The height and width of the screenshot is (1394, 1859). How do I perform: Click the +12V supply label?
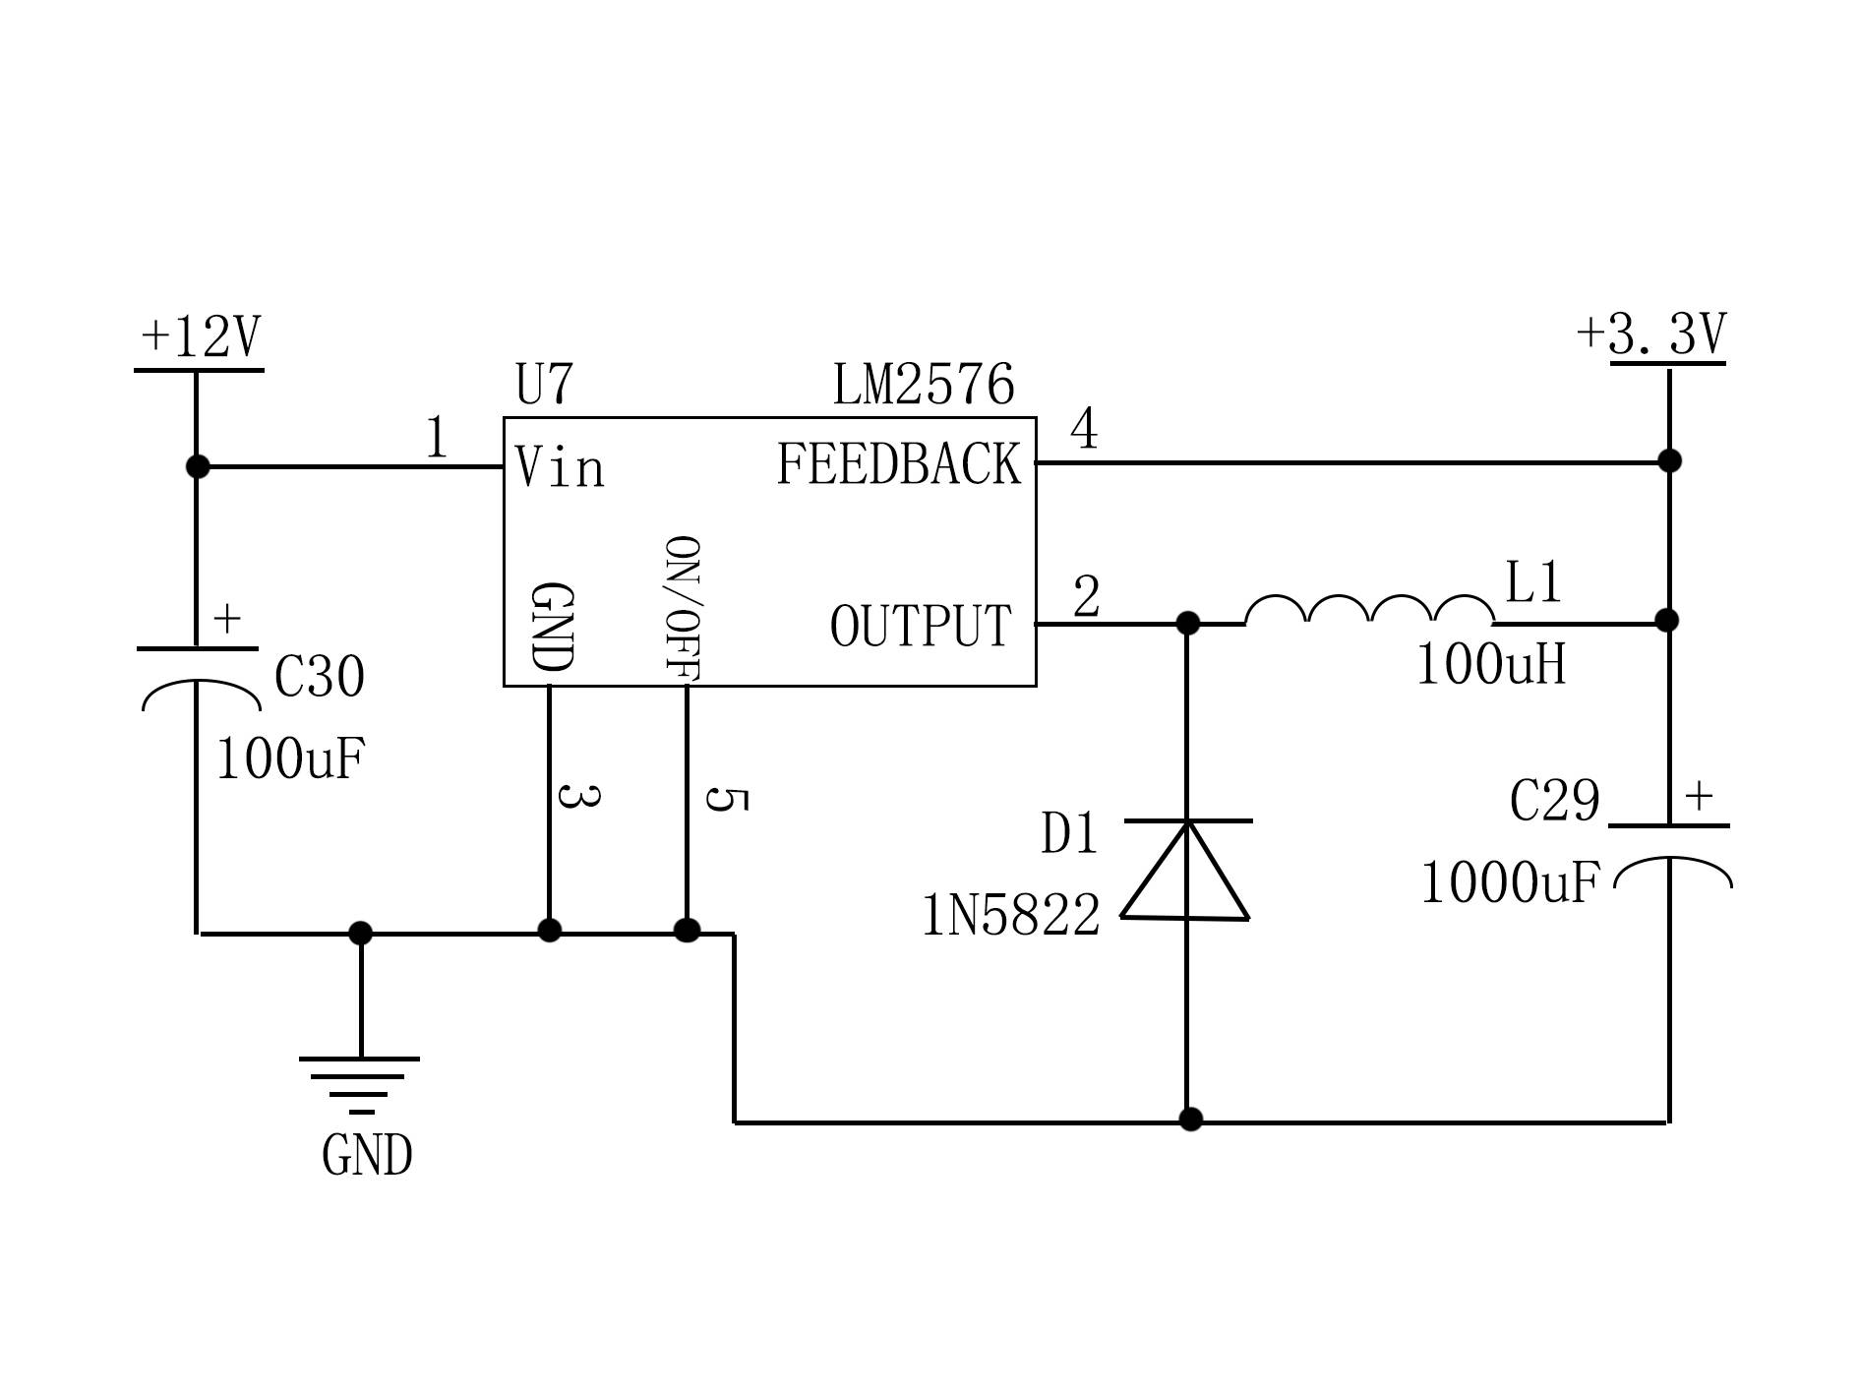201,337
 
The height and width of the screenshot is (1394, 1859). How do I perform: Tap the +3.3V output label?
1651,334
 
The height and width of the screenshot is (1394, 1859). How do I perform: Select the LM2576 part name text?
924,385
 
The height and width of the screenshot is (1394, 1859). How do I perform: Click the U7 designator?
544,385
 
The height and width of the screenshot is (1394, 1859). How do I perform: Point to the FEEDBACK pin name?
899,464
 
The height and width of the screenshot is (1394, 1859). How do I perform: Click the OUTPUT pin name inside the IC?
921,626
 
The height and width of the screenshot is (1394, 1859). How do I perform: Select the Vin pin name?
560,467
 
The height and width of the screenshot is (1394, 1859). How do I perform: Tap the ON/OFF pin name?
682,608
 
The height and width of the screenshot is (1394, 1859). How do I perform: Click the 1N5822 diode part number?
1010,916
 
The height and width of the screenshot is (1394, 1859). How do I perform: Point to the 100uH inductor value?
1490,665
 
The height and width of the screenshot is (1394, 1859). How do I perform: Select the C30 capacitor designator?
319,677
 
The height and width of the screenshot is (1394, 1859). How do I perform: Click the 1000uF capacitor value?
1510,882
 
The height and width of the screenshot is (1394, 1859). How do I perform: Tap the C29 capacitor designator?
1554,801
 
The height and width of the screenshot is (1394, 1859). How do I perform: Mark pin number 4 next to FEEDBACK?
1084,429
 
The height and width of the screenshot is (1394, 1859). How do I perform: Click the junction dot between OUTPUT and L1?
1187,623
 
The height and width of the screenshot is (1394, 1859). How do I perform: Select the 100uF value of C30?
290,759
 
